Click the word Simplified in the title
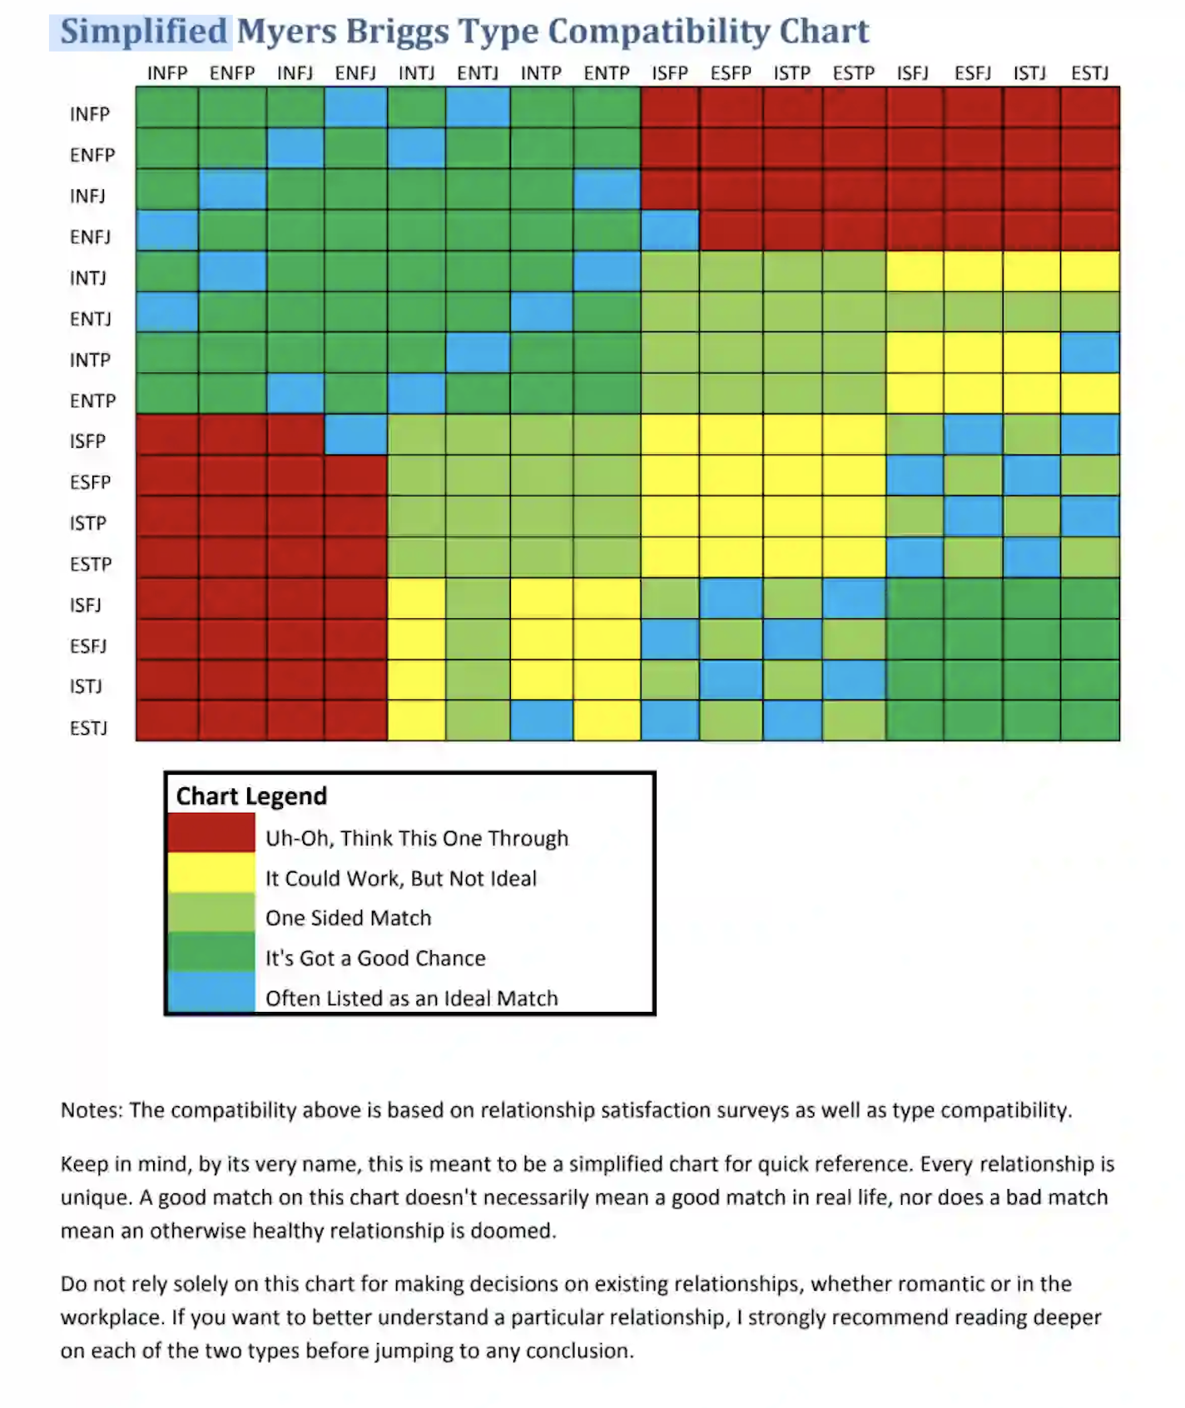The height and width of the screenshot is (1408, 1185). click(x=143, y=32)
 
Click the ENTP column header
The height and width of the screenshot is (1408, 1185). click(x=607, y=73)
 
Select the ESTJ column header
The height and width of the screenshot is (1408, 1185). click(x=1089, y=73)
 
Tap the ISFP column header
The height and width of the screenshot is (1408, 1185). click(x=670, y=73)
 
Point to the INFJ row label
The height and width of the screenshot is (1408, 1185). click(x=87, y=196)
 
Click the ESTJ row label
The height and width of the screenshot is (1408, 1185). click(x=88, y=728)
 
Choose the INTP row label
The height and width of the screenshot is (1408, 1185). click(x=90, y=359)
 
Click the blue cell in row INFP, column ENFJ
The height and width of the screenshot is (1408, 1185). click(x=355, y=107)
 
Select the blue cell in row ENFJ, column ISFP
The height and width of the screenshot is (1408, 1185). click(x=670, y=230)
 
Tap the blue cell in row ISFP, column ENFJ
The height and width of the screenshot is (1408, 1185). click(x=355, y=434)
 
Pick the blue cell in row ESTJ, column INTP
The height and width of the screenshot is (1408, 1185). click(x=541, y=721)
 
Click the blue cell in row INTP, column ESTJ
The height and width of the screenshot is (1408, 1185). click(x=1089, y=353)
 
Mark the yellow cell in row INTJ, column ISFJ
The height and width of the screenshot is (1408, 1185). click(x=914, y=270)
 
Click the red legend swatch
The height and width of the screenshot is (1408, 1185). click(x=211, y=833)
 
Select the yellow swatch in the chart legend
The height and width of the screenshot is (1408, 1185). click(x=211, y=873)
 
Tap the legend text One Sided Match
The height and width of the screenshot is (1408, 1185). click(x=348, y=918)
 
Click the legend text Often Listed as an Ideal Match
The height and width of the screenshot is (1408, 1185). click(x=411, y=998)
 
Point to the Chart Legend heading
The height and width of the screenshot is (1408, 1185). click(x=251, y=796)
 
